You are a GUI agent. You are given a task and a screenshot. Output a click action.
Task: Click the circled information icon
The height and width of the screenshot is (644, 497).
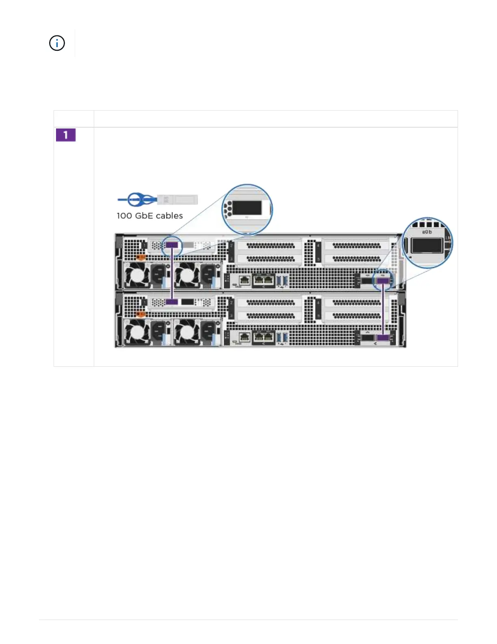[x=57, y=43]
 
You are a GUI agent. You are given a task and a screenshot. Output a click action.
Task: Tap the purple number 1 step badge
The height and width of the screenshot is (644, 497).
[x=66, y=135]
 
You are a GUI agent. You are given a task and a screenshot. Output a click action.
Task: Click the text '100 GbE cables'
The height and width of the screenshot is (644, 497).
[x=149, y=216]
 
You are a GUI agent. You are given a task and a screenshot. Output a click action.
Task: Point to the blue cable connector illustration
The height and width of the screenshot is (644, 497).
[x=158, y=200]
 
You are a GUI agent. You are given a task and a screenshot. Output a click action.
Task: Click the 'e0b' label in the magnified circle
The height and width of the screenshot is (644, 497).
[x=427, y=232]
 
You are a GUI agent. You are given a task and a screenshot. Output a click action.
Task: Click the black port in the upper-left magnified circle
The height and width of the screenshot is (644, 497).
[x=247, y=208]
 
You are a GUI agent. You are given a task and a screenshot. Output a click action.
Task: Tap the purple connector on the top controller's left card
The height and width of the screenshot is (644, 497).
[x=172, y=245]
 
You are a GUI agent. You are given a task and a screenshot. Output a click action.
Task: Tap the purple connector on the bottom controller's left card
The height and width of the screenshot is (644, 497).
[x=172, y=302]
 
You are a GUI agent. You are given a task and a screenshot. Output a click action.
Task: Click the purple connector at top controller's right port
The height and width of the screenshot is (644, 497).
[x=383, y=280]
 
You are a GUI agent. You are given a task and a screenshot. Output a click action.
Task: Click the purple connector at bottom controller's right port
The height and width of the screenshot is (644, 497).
[x=383, y=337]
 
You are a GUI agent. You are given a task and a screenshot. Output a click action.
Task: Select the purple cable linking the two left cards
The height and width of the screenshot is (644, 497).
[x=172, y=274]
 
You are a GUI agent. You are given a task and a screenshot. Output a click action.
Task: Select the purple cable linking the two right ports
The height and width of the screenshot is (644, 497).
[x=383, y=309]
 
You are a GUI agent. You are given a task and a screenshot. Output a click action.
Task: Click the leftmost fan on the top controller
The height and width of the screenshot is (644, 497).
[x=137, y=276]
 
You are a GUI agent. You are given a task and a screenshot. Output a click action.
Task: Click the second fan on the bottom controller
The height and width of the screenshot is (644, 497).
[x=187, y=332]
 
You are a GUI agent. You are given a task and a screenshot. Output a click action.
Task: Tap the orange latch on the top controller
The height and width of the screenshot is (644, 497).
[x=140, y=257]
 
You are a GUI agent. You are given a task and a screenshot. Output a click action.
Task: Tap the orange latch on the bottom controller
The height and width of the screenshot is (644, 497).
[x=140, y=314]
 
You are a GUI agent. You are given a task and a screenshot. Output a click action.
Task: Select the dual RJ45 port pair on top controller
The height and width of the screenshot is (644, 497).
[x=264, y=280]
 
